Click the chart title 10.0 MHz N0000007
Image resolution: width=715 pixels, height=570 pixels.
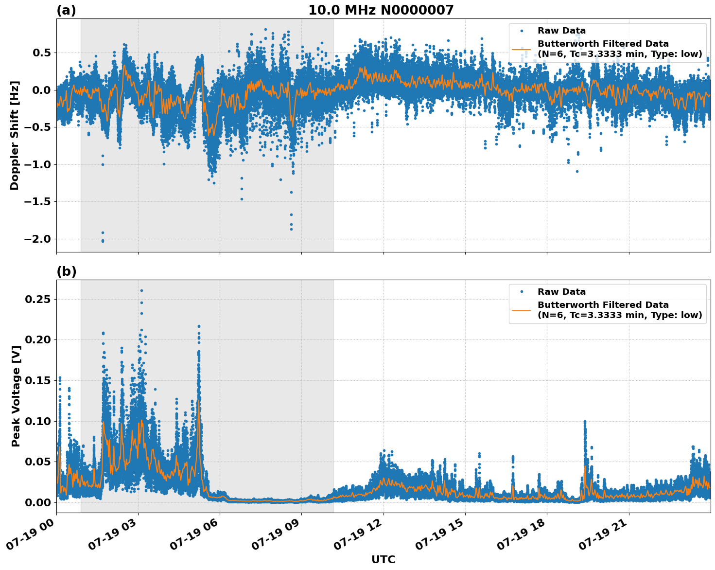point(381,10)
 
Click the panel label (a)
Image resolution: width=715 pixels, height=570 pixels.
point(66,10)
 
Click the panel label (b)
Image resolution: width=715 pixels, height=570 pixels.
point(67,271)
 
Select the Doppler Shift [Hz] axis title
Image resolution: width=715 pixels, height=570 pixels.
point(15,135)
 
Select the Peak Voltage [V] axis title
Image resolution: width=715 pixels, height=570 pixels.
point(16,407)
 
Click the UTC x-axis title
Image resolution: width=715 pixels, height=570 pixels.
point(383,559)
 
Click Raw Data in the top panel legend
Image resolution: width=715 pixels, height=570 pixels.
point(561,31)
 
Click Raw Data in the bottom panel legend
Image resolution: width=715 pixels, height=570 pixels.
point(561,292)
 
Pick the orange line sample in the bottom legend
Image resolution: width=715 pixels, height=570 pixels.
point(522,310)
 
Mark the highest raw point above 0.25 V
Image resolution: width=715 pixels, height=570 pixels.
point(141,290)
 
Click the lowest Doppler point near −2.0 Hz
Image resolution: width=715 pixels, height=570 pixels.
point(103,241)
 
